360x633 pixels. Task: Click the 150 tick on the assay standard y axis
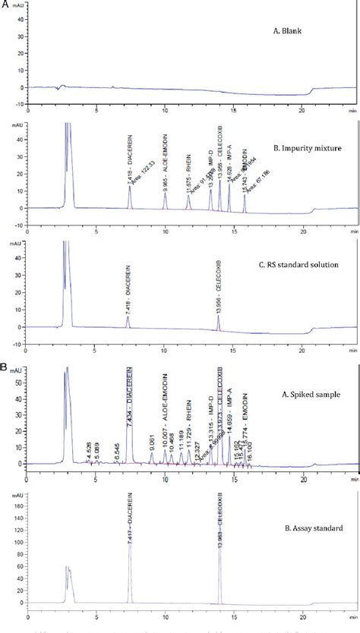[x=17, y=504]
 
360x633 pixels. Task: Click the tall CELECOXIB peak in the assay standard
[x=220, y=569]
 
